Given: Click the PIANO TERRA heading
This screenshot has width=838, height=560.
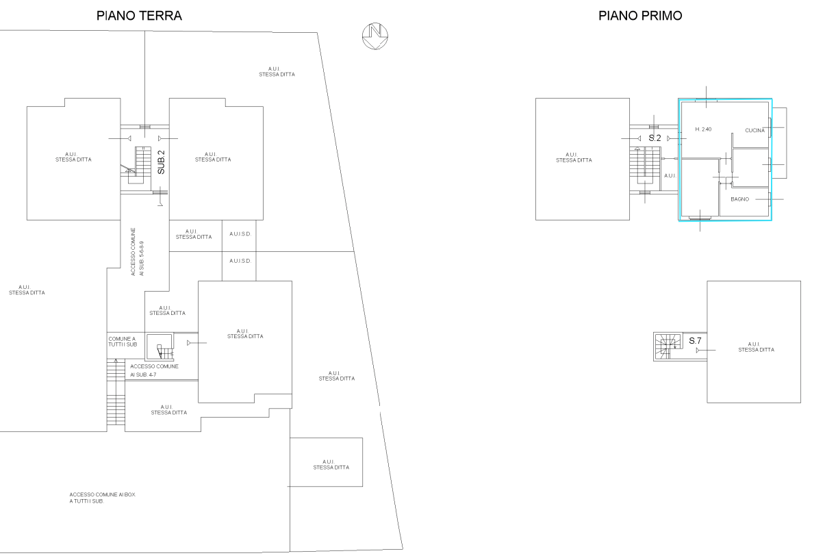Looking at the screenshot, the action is (139, 16).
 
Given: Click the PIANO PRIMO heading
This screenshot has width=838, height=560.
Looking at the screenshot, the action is (640, 16).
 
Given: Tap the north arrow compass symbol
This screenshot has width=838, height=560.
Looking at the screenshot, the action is (375, 36).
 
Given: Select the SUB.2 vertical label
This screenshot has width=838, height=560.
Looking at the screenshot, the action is (162, 162).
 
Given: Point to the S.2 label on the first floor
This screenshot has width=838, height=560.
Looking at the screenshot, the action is (655, 138).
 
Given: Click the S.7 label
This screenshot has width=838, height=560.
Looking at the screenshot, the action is (695, 341).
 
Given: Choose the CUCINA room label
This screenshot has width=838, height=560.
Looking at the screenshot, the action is (754, 131).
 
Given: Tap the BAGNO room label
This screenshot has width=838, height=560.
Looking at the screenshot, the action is (739, 199).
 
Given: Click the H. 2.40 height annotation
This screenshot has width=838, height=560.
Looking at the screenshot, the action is (703, 129).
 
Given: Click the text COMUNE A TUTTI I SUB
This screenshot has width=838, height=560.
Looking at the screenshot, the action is (123, 342).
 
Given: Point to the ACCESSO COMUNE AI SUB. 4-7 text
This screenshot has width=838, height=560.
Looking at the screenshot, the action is (154, 370).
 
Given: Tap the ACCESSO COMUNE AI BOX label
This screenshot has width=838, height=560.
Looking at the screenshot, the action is (102, 498).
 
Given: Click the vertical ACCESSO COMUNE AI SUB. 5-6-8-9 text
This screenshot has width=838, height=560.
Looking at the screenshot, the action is (138, 252).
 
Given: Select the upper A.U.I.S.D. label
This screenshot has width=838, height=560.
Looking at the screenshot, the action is (240, 234).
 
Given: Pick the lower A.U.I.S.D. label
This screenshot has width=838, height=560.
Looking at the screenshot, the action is (240, 261).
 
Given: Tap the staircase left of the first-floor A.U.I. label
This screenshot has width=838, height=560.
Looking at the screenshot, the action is (645, 166).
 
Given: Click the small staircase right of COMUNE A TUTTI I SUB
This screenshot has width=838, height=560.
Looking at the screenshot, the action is (165, 352).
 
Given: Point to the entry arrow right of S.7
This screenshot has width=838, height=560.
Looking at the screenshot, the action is (706, 351).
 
